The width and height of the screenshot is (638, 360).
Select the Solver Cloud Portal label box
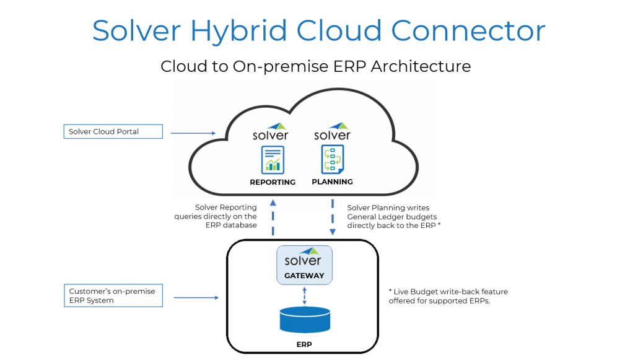(x=113, y=131)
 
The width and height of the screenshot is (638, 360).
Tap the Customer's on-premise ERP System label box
(x=113, y=296)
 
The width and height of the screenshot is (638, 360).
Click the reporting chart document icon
(x=273, y=159)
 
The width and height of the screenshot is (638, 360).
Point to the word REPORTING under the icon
(x=273, y=182)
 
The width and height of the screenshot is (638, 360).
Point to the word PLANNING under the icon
(x=333, y=182)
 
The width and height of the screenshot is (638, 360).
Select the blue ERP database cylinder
(x=304, y=320)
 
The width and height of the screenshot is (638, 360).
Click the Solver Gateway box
(x=304, y=265)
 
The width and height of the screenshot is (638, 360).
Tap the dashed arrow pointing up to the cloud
(x=273, y=217)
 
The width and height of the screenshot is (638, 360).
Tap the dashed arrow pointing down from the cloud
(x=333, y=217)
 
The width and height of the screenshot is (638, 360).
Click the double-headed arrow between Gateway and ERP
(x=304, y=295)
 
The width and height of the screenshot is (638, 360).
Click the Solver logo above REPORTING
(x=271, y=132)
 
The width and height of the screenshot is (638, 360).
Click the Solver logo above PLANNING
(x=332, y=132)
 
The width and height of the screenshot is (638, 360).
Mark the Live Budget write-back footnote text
(x=448, y=296)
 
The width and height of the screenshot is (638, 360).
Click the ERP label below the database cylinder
(x=304, y=344)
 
